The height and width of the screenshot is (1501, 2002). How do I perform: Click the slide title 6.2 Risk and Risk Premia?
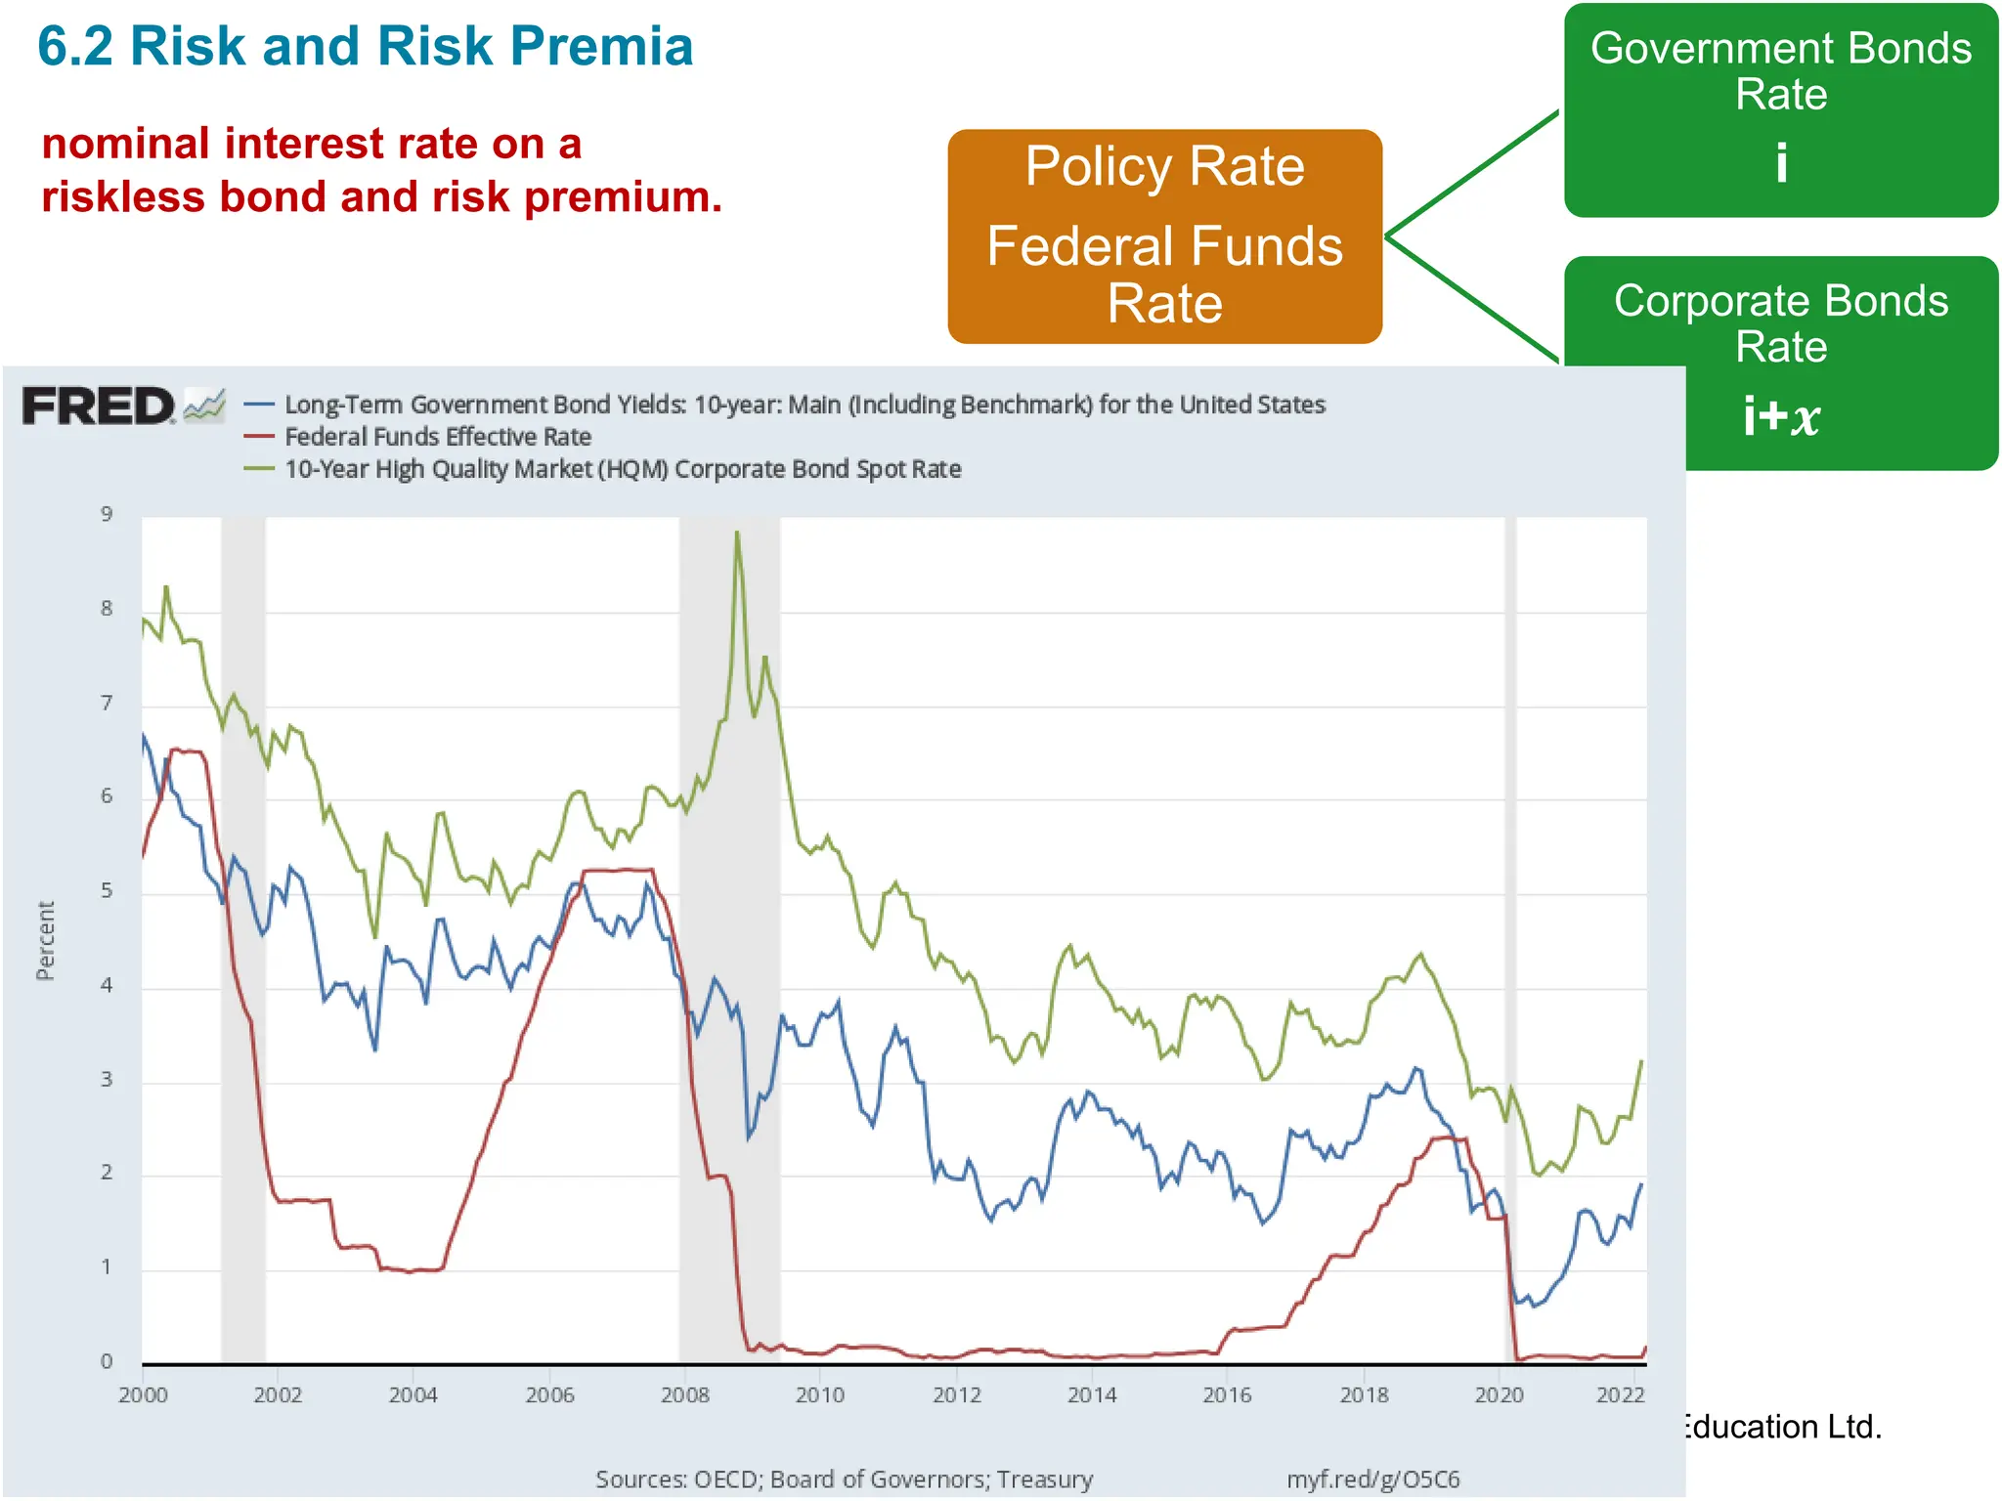(x=365, y=47)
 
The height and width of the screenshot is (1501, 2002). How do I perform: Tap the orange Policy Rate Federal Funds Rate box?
(x=1164, y=236)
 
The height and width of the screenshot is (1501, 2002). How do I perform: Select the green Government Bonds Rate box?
(x=1780, y=109)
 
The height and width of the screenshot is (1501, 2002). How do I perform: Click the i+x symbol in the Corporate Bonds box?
(x=1780, y=417)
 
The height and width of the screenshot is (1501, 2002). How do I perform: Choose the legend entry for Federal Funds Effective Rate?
(x=437, y=437)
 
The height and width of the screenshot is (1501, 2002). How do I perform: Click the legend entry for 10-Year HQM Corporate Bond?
(x=622, y=469)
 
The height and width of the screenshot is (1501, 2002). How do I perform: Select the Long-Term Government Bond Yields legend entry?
(x=804, y=405)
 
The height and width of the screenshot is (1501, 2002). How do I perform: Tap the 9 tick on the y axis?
(x=107, y=514)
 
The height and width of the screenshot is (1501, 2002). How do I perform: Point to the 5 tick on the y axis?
(x=107, y=891)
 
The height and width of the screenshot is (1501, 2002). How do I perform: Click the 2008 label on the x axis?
(x=684, y=1395)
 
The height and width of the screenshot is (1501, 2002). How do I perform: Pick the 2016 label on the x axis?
(x=1226, y=1395)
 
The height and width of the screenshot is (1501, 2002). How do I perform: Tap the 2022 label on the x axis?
(x=1620, y=1395)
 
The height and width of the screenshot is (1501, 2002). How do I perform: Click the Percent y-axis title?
(x=45, y=940)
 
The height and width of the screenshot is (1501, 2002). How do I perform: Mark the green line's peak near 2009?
(x=737, y=534)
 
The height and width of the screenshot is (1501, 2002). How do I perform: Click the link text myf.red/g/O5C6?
(x=1371, y=1480)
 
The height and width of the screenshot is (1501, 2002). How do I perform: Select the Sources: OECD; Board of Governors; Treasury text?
(x=844, y=1480)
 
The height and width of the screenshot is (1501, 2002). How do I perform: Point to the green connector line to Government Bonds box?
(x=1471, y=174)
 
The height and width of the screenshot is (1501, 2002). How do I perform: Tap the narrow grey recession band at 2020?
(x=1510, y=938)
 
